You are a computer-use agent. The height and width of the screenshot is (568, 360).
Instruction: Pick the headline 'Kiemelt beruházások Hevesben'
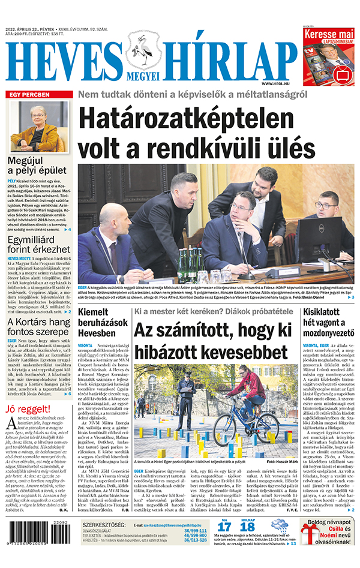[x=100, y=322]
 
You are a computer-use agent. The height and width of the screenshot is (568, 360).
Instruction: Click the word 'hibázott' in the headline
[x=175, y=351]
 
